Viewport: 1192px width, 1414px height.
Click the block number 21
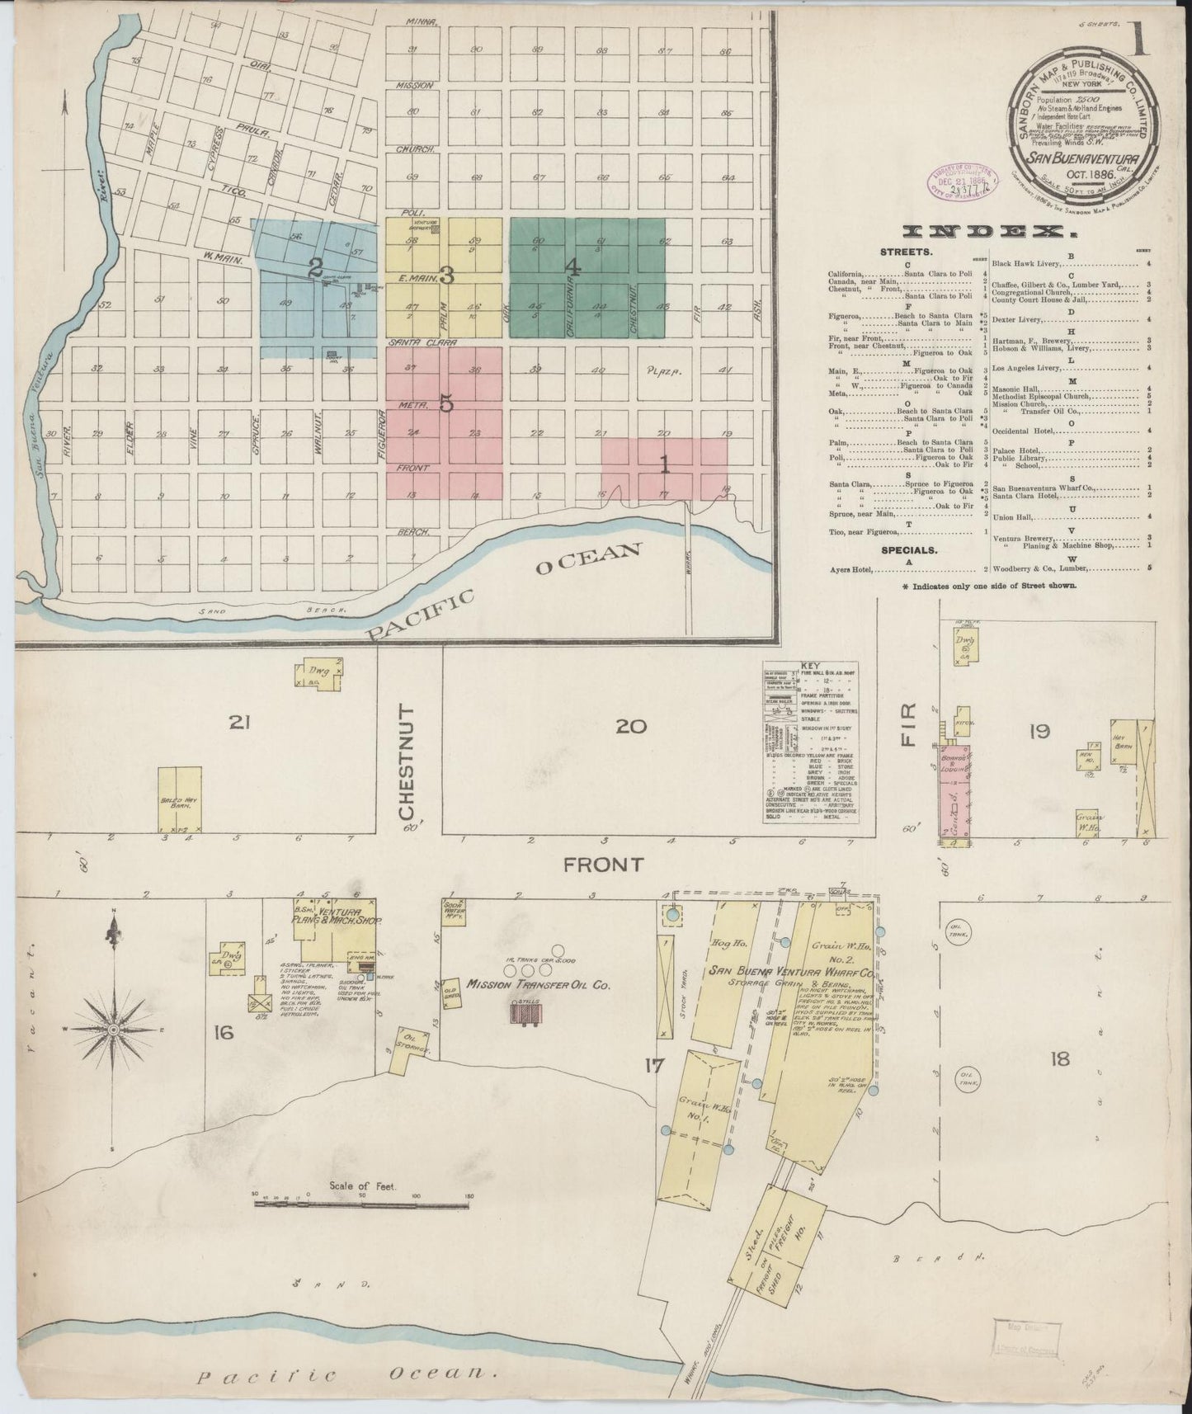pos(239,723)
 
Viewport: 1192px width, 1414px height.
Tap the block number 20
pos(631,726)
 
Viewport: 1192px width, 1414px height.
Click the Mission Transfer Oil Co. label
pos(538,984)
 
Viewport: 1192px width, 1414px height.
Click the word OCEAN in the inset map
pos(587,560)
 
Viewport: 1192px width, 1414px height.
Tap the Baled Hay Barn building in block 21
pos(179,799)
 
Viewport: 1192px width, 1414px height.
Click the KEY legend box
pos(811,742)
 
